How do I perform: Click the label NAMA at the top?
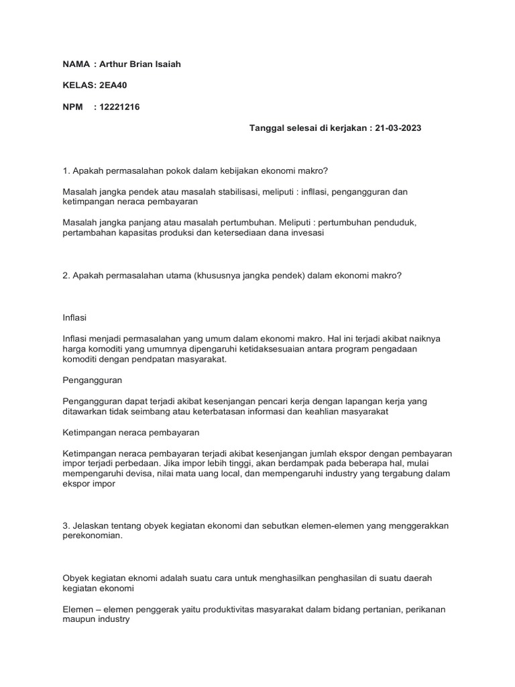76,64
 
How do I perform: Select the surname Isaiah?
168,64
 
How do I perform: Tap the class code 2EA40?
110,85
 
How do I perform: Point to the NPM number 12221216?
119,107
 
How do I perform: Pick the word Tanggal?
268,127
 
